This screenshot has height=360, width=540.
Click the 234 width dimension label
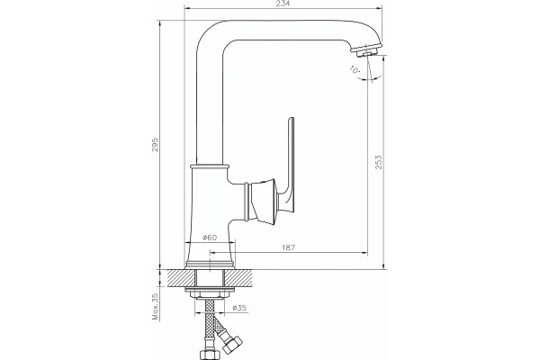[x=283, y=4]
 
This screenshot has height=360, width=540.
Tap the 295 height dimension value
[x=156, y=145]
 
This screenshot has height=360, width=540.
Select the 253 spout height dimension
[x=379, y=162]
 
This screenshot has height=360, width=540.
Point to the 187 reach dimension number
[x=289, y=247]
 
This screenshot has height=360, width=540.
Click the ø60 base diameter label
[x=210, y=238]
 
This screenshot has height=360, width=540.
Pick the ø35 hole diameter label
[x=239, y=308]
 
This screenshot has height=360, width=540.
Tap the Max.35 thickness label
[x=156, y=307]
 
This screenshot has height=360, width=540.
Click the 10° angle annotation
[x=355, y=69]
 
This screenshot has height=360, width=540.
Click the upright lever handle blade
[x=290, y=162]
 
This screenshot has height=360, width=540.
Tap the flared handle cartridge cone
[x=262, y=202]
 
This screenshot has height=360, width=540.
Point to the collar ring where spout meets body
[x=210, y=167]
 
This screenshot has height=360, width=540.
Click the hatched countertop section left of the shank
[x=182, y=278]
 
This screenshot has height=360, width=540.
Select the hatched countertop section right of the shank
[x=237, y=278]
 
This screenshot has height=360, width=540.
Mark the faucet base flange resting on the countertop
[x=210, y=265]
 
